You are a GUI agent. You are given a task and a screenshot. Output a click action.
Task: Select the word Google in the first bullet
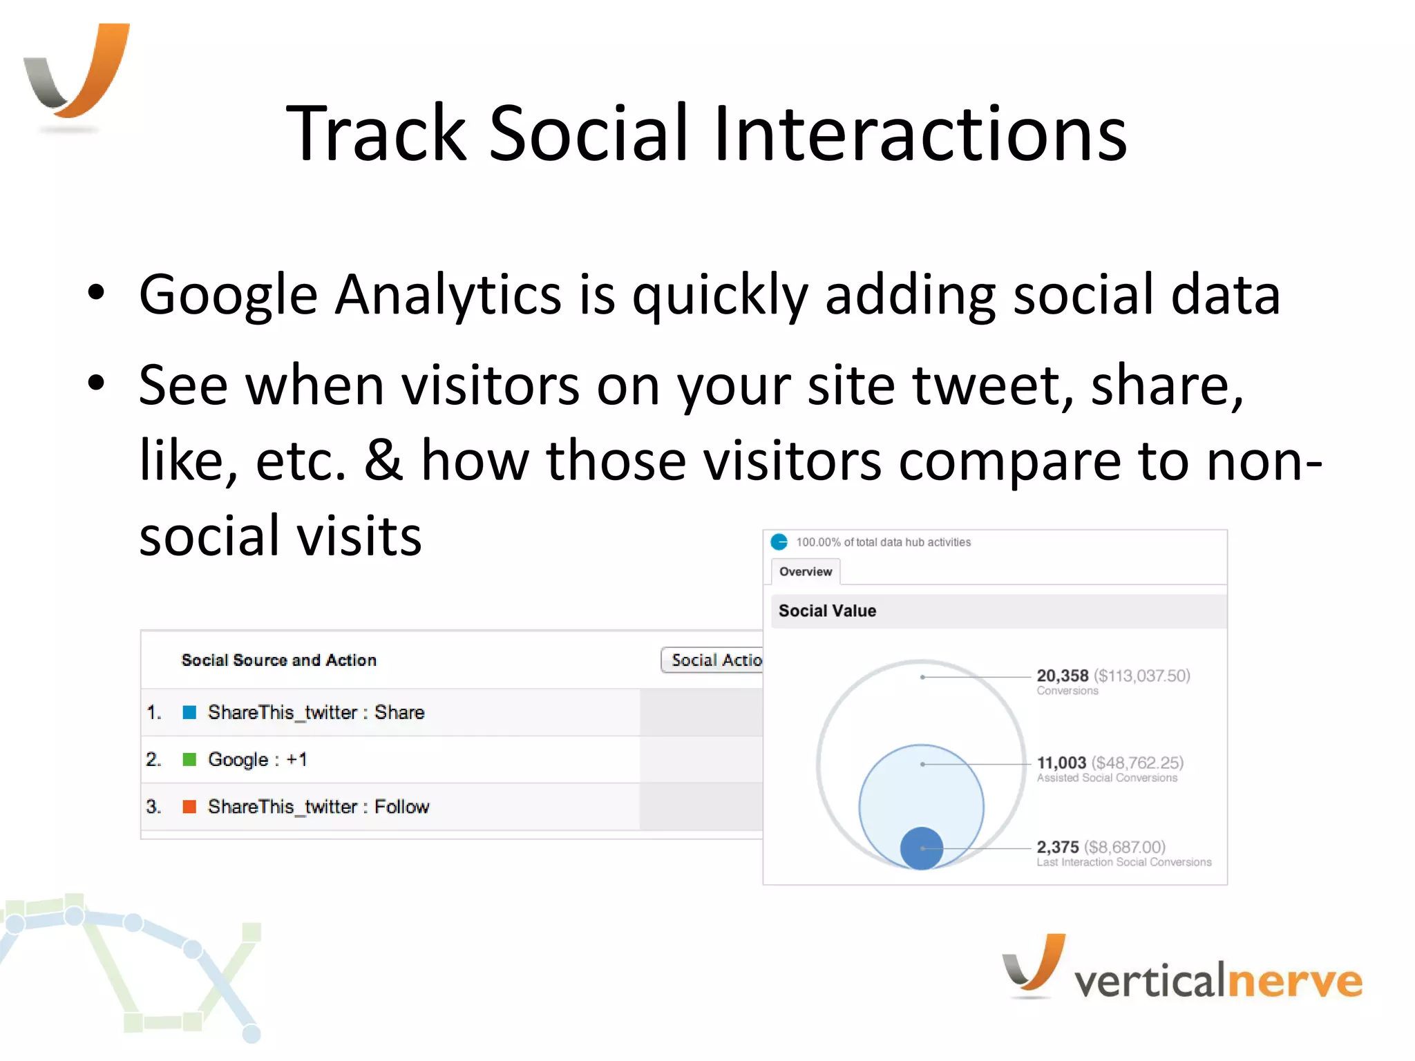228,296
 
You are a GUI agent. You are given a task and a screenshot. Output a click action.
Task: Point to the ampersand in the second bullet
383,461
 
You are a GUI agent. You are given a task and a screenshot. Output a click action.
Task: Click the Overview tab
805,572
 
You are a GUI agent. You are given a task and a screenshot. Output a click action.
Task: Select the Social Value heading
827,611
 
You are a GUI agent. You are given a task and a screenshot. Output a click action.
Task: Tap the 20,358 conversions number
1062,676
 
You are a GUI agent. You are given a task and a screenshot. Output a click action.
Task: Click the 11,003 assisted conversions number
1061,763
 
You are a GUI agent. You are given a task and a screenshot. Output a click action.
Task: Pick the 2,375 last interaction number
1057,847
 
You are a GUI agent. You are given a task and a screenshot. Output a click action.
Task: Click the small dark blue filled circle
922,848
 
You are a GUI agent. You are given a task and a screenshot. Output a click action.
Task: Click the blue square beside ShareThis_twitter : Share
189,712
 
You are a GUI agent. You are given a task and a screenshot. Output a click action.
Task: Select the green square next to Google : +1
189,760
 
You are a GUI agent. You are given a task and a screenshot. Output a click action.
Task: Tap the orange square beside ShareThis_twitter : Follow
189,807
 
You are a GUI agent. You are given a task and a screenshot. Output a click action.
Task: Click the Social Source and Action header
278,660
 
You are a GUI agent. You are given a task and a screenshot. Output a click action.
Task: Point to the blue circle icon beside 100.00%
779,542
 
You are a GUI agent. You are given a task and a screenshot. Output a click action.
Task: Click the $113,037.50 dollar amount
1142,676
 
